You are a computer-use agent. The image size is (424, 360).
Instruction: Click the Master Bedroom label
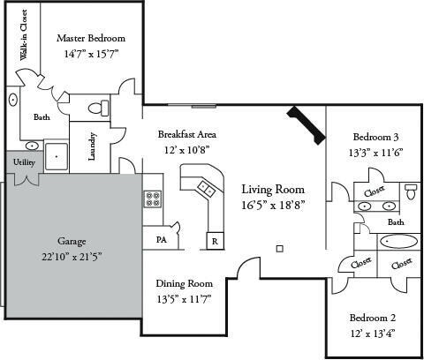pyautogui.click(x=91, y=39)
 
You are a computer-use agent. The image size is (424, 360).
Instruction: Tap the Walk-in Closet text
pyautogui.click(x=24, y=36)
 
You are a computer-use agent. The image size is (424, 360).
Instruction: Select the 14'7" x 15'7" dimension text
pyautogui.click(x=91, y=54)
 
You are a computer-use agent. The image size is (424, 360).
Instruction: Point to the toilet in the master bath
pyautogui.click(x=101, y=108)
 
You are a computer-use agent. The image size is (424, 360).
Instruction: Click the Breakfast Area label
pyautogui.click(x=186, y=134)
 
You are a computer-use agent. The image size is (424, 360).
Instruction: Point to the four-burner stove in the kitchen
pyautogui.click(x=151, y=199)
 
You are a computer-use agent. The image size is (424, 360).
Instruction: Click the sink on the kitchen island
pyautogui.click(x=206, y=187)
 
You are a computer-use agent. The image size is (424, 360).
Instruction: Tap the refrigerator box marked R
pyautogui.click(x=214, y=241)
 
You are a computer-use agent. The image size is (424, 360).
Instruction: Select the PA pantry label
pyautogui.click(x=162, y=239)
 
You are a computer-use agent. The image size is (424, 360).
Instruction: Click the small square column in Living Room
pyautogui.click(x=279, y=249)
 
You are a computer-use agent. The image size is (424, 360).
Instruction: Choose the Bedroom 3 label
pyautogui.click(x=376, y=137)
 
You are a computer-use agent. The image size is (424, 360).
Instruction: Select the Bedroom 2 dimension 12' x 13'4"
pyautogui.click(x=372, y=333)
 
